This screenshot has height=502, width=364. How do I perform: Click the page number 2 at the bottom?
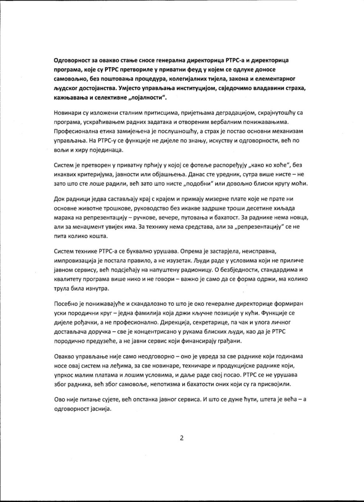pos(181,437)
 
